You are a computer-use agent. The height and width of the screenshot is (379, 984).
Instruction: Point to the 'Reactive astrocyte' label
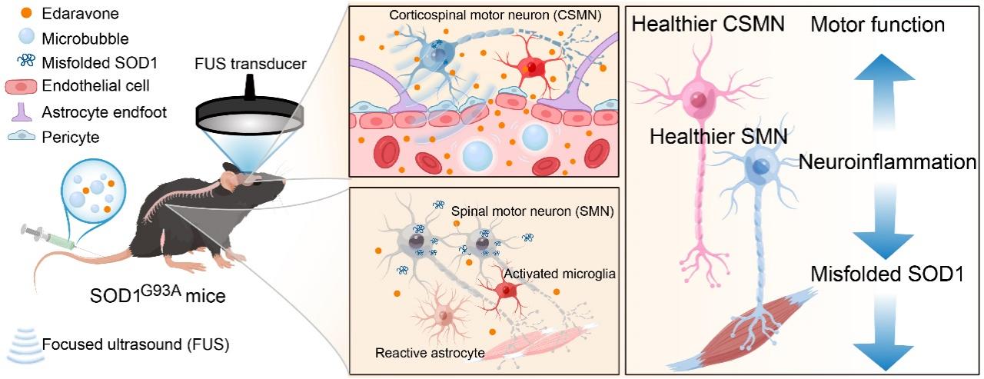click(x=429, y=353)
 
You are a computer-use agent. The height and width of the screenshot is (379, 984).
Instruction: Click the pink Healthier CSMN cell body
click(x=699, y=99)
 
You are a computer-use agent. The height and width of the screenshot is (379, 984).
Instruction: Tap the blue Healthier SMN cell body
click(x=761, y=167)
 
